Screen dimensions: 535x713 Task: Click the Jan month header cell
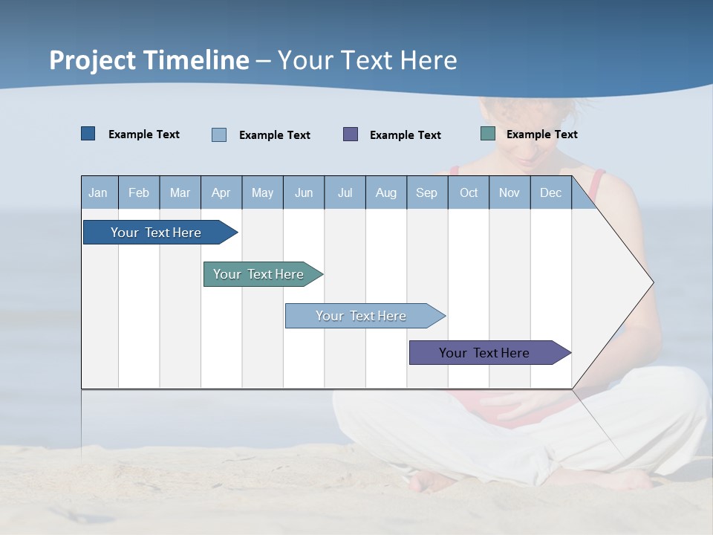coord(99,192)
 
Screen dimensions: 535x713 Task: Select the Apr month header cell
coord(221,192)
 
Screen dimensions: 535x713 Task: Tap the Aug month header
coord(386,192)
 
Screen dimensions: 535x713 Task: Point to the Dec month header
coord(550,192)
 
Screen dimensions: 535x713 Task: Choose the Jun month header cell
coord(304,192)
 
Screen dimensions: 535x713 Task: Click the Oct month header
coord(469,192)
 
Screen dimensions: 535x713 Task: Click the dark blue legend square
coord(88,134)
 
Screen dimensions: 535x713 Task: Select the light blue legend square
coord(219,134)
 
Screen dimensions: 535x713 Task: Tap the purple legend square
coord(351,134)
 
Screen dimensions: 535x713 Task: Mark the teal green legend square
coord(488,134)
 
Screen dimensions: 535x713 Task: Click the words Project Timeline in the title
coord(149,60)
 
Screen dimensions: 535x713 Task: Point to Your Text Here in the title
coord(367,60)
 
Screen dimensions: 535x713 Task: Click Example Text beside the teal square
coord(541,134)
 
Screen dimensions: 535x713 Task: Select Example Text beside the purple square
coord(405,135)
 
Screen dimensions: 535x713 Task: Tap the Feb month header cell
coord(139,192)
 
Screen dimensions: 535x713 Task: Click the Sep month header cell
coord(427,192)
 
